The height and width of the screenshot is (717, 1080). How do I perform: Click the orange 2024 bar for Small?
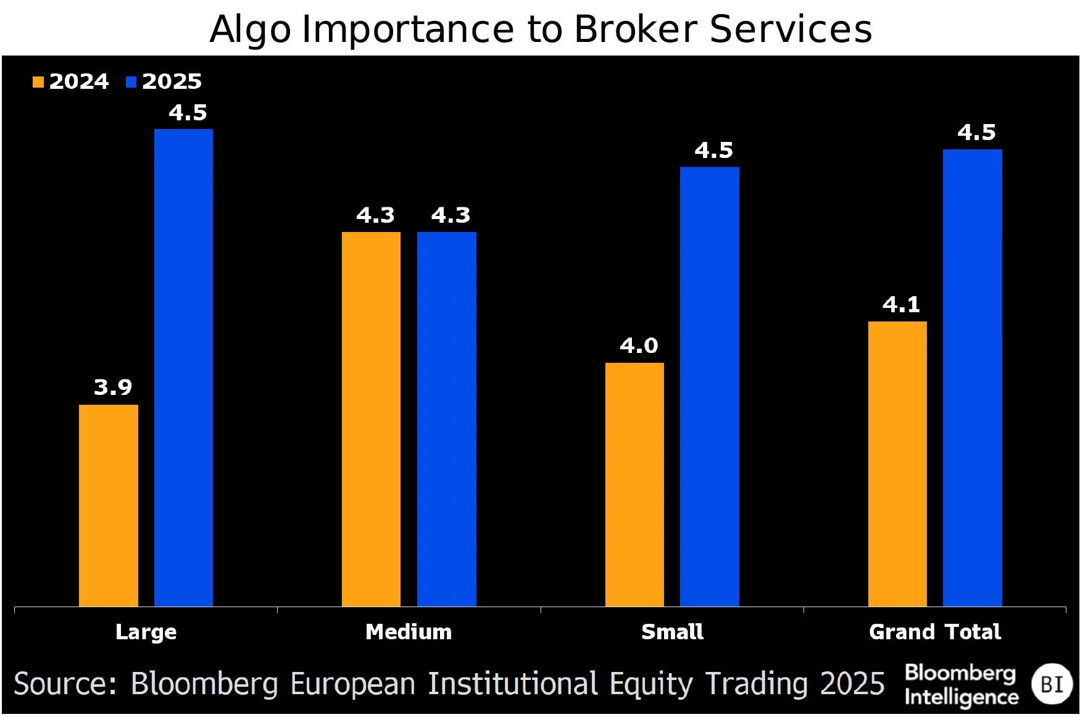pyautogui.click(x=634, y=484)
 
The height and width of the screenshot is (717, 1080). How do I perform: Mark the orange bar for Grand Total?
pyautogui.click(x=897, y=463)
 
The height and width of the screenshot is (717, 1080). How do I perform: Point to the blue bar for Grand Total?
pyautogui.click(x=972, y=377)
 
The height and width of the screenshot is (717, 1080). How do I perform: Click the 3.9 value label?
pyautogui.click(x=113, y=388)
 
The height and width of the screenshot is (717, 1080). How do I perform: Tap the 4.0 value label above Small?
pyautogui.click(x=639, y=346)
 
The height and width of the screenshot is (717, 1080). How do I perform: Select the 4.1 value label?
pyautogui.click(x=901, y=305)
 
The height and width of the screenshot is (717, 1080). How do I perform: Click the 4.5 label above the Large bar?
pyautogui.click(x=188, y=113)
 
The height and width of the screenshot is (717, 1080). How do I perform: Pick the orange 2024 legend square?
pyautogui.click(x=38, y=82)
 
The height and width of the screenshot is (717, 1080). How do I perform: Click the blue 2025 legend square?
pyautogui.click(x=131, y=82)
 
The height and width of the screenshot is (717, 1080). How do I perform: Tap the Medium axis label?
pyautogui.click(x=409, y=632)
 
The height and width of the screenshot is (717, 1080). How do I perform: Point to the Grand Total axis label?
pyautogui.click(x=934, y=632)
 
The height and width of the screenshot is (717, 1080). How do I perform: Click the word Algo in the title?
pyautogui.click(x=250, y=30)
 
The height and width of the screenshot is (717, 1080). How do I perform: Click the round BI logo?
pyautogui.click(x=1052, y=684)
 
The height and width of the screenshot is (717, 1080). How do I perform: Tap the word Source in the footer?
pyautogui.click(x=65, y=684)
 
